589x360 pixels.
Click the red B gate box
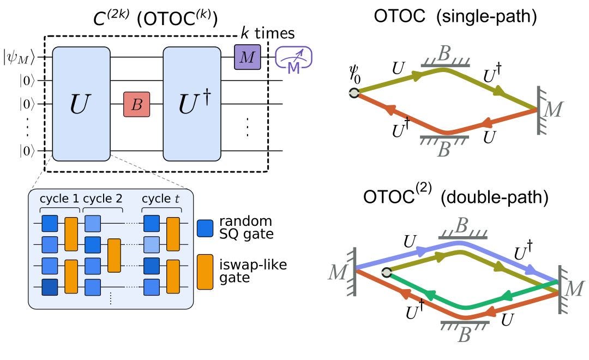136,104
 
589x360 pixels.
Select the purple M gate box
247,57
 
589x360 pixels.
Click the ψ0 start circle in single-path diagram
354,93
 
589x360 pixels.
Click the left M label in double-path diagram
337,271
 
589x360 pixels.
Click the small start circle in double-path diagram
387,273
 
